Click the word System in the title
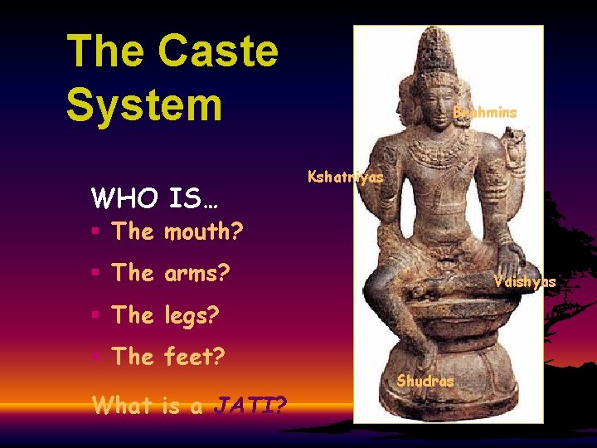[x=144, y=106]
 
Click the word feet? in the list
[x=194, y=358]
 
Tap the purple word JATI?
[x=251, y=406]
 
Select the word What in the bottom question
[x=122, y=406]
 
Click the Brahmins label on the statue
[x=484, y=112]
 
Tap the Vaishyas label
[x=524, y=282]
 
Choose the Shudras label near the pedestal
[x=425, y=382]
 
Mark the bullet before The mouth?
[x=97, y=232]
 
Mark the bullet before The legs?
[x=97, y=316]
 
